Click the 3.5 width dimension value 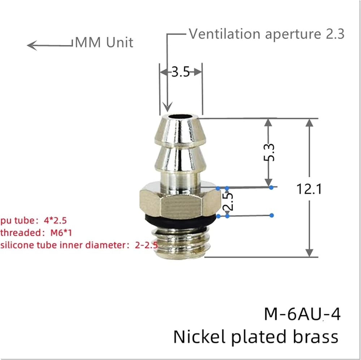click(x=181, y=72)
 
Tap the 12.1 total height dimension click(x=309, y=189)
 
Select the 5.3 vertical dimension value click(x=269, y=152)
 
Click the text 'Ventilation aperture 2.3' click(x=267, y=34)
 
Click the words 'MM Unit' click(x=104, y=42)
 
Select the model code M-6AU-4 click(x=302, y=314)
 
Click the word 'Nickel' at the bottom click(x=199, y=337)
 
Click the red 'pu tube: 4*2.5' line click(x=33, y=220)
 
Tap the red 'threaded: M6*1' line click(x=36, y=233)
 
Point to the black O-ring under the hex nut click(x=180, y=220)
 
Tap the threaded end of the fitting click(x=182, y=242)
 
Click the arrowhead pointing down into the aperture click(x=168, y=107)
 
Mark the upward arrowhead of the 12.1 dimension click(x=309, y=123)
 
